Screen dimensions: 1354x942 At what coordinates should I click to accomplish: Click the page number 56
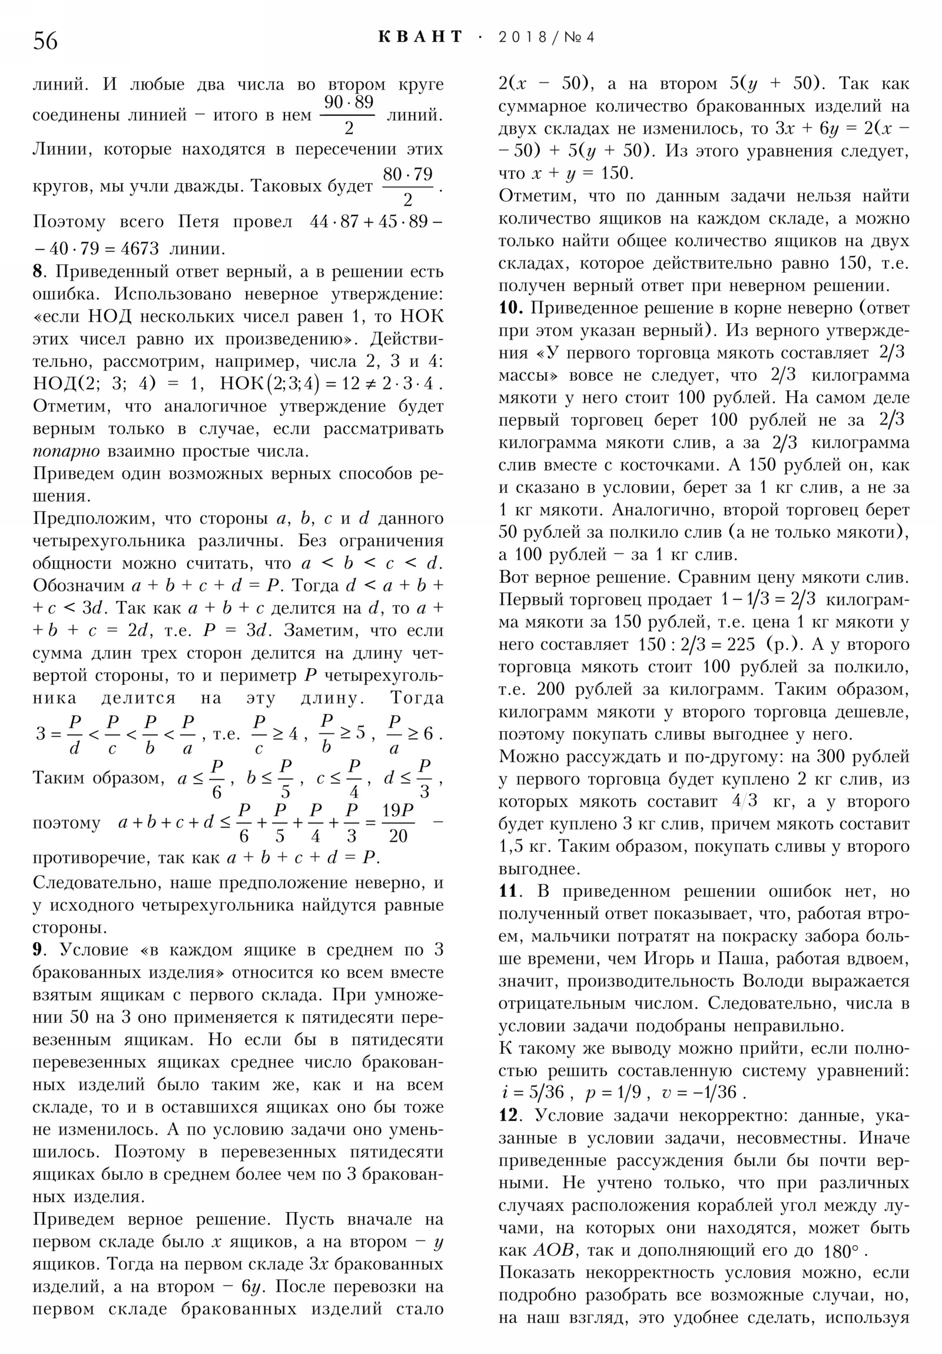[x=45, y=41]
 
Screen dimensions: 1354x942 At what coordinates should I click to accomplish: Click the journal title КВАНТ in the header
[x=420, y=37]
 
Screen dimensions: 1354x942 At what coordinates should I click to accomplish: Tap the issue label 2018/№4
[x=546, y=37]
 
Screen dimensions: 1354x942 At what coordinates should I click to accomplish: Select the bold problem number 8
[x=38, y=272]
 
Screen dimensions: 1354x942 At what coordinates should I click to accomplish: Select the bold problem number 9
[x=38, y=949]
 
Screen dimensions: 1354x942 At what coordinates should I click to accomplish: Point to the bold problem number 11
[x=508, y=891]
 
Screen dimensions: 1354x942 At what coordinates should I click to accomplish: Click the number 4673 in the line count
[x=139, y=249]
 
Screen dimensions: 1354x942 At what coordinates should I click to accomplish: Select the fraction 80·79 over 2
[x=407, y=186]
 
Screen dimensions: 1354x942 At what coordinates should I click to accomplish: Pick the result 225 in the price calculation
[x=740, y=644]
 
